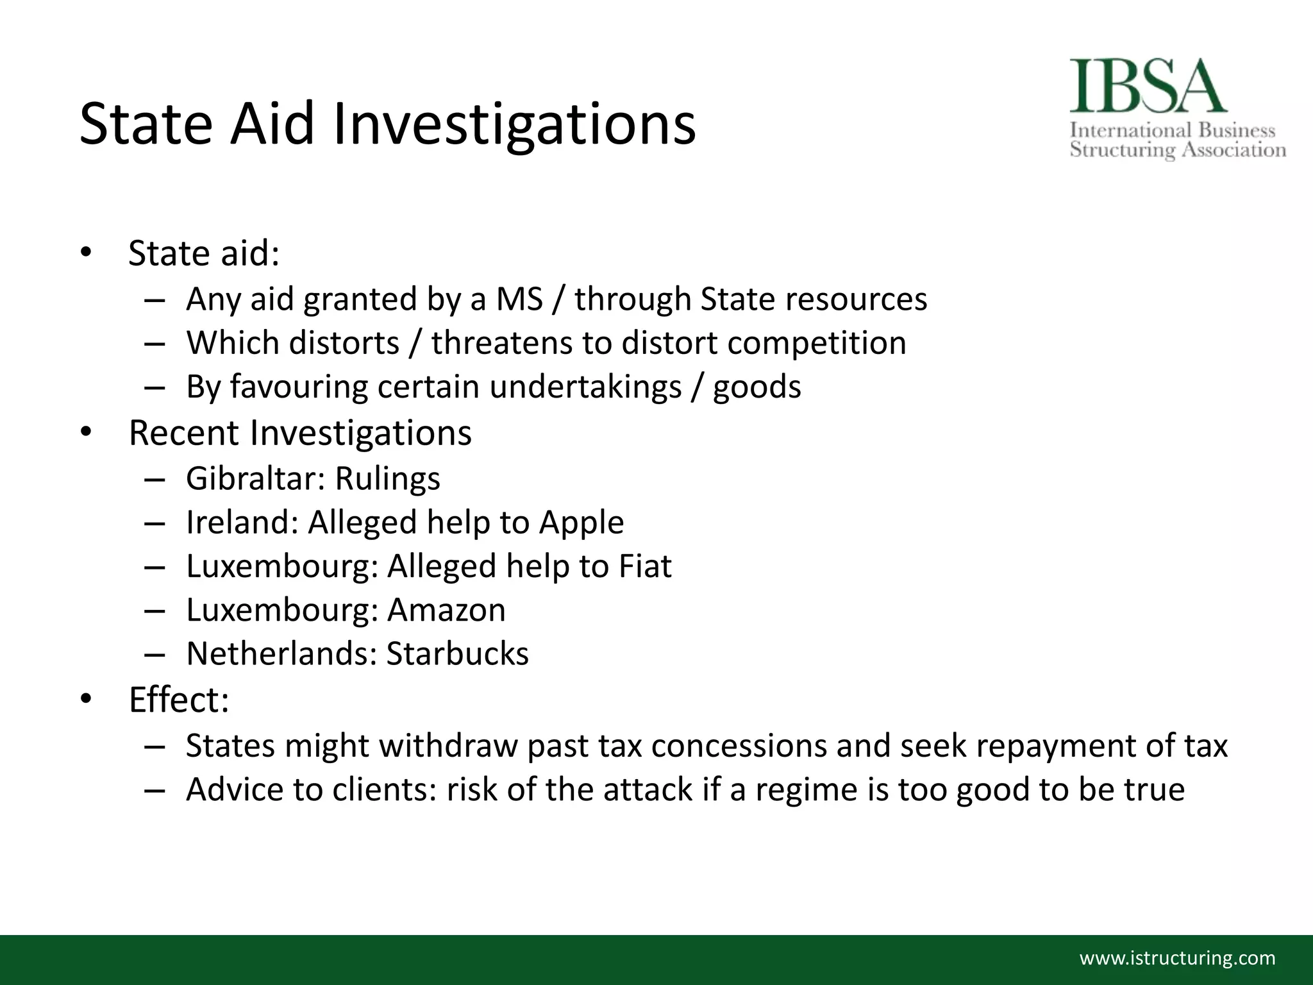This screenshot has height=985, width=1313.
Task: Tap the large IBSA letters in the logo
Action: coord(1148,87)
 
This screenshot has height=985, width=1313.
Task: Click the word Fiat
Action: coord(645,566)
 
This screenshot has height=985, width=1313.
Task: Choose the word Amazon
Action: coord(446,610)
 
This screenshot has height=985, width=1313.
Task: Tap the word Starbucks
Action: coord(458,653)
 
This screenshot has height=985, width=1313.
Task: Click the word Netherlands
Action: coord(282,653)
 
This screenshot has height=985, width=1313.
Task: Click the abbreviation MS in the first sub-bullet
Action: coord(519,299)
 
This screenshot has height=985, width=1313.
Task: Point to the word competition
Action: coord(817,343)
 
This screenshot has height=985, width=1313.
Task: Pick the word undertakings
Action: coord(585,387)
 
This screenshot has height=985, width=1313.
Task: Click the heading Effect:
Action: coord(179,700)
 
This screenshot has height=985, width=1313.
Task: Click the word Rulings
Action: coord(388,478)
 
